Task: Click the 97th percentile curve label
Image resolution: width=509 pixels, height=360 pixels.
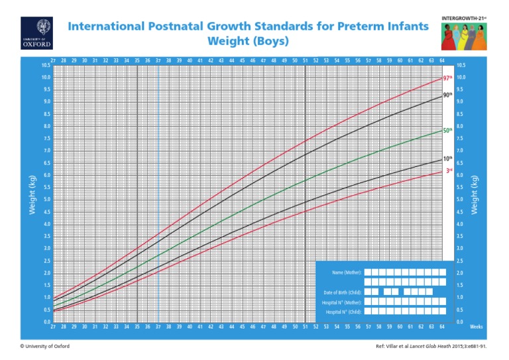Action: pos(448,78)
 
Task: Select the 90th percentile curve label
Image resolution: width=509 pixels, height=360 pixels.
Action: pos(448,95)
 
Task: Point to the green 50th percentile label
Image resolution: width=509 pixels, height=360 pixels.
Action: pos(448,131)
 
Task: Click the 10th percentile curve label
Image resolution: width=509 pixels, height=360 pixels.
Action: pos(448,160)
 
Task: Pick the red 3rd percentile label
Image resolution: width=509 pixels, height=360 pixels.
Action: pos(448,170)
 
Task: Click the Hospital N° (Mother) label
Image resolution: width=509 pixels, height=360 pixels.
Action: pos(343,302)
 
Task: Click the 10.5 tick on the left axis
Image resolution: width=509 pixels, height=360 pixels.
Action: pos(45,65)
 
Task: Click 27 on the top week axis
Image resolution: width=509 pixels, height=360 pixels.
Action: pos(53,60)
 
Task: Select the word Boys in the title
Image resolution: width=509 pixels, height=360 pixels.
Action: pos(271,41)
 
